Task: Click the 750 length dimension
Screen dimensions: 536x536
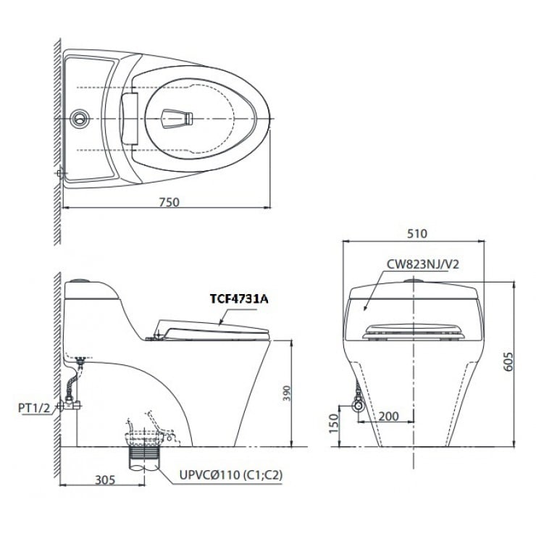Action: pyautogui.click(x=169, y=202)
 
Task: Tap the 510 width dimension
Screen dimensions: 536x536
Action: pyautogui.click(x=417, y=233)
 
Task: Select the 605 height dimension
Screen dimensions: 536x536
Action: pyautogui.click(x=508, y=361)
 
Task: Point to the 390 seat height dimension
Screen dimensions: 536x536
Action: pyautogui.click(x=286, y=393)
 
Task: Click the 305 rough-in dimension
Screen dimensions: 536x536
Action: pyautogui.click(x=105, y=480)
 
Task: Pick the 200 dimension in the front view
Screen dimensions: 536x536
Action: pyautogui.click(x=389, y=416)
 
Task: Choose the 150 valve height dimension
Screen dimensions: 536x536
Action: pyautogui.click(x=334, y=423)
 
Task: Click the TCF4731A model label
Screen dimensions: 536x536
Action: pyautogui.click(x=239, y=299)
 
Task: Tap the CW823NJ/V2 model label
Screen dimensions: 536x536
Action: pyautogui.click(x=423, y=264)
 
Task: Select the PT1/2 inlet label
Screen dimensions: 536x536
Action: pyautogui.click(x=34, y=408)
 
